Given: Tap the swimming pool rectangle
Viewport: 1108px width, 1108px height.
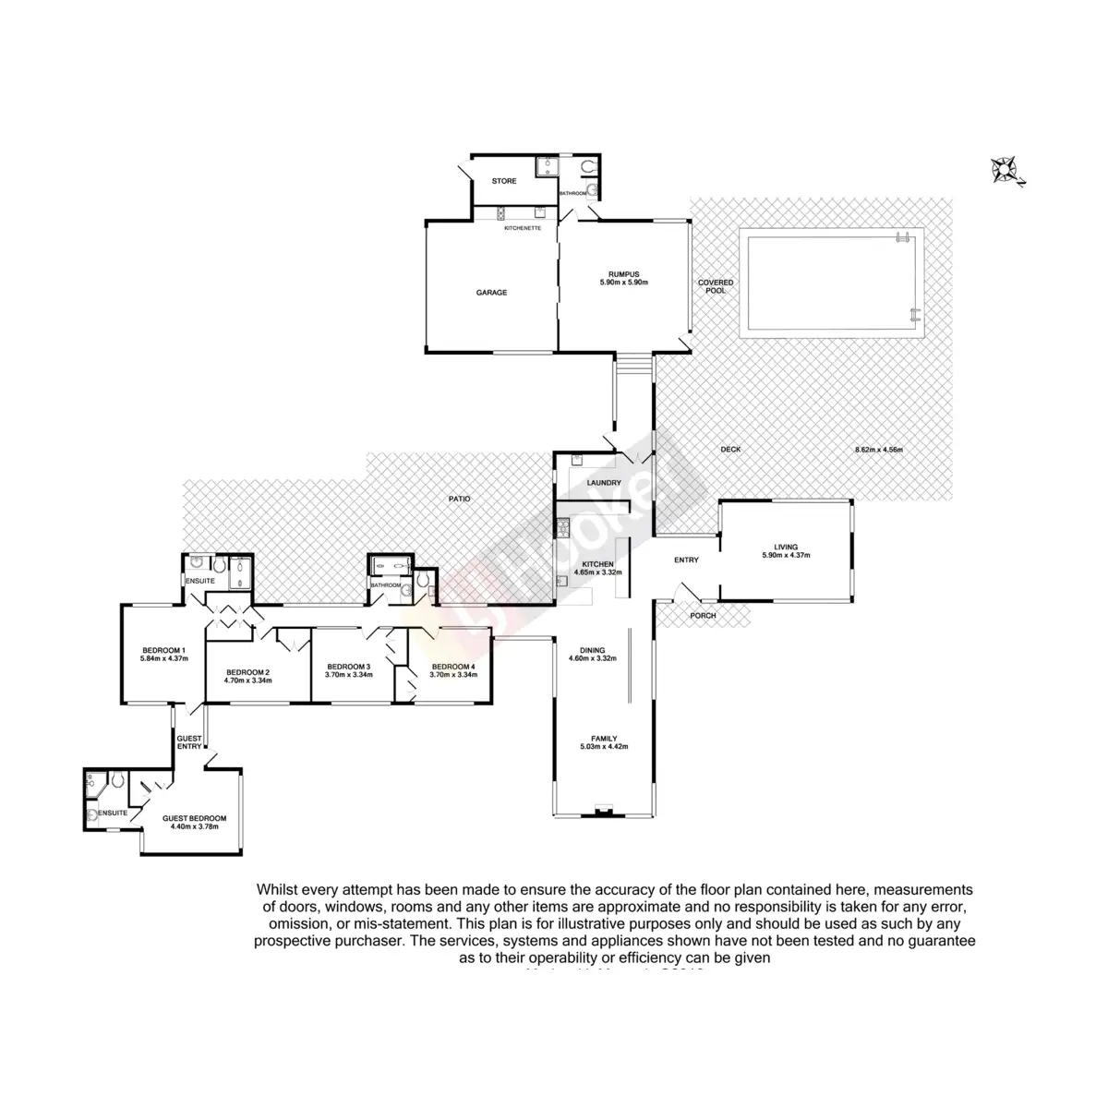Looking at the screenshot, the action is pos(831,286).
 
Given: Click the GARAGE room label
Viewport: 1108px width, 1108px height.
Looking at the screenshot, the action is pos(491,293).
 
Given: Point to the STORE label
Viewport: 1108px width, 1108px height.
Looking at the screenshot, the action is pos(504,181).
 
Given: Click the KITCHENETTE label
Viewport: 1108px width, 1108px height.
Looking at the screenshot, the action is pos(522,227).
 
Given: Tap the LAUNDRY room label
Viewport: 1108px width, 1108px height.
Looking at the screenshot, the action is pos(604,483).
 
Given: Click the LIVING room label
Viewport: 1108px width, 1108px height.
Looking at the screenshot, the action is pos(786,547).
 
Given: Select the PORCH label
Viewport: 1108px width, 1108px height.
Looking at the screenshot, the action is pos(703,616).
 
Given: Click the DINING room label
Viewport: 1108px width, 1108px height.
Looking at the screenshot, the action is pos(592,650).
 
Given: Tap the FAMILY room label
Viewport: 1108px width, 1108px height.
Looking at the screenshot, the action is pos(604,739).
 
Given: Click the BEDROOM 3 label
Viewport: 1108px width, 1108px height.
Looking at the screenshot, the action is pos(348,667).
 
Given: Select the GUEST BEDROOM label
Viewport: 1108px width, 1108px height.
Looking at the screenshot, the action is pos(194,818).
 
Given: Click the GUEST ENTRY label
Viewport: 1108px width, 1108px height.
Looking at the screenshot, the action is pos(189,742).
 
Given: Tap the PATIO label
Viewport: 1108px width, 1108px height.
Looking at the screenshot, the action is pos(460,499).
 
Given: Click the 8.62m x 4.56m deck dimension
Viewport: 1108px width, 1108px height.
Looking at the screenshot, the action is pos(878,450).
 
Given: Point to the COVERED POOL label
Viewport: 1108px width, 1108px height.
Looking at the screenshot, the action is pos(716,286).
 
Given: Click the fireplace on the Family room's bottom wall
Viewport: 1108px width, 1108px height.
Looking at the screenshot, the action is pos(603,813).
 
